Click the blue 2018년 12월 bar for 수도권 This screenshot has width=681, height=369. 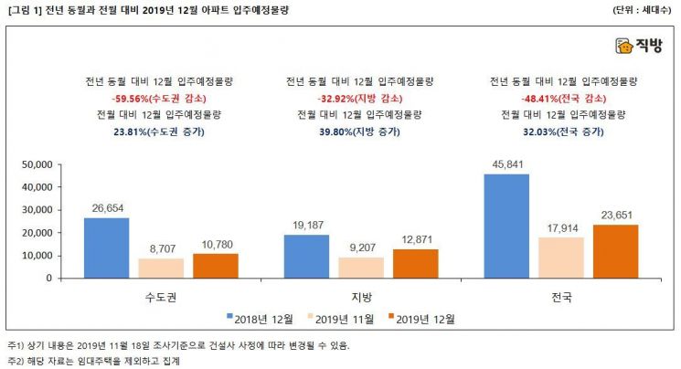click(106, 248)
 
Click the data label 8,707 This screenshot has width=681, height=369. click(160, 248)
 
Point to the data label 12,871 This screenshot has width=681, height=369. click(416, 238)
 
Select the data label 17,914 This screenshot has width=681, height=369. click(560, 227)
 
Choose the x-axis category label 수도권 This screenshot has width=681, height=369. click(160, 297)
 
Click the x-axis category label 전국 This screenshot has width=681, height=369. click(560, 297)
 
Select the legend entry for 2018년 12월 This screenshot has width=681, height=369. click(261, 319)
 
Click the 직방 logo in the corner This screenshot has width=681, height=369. click(639, 46)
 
